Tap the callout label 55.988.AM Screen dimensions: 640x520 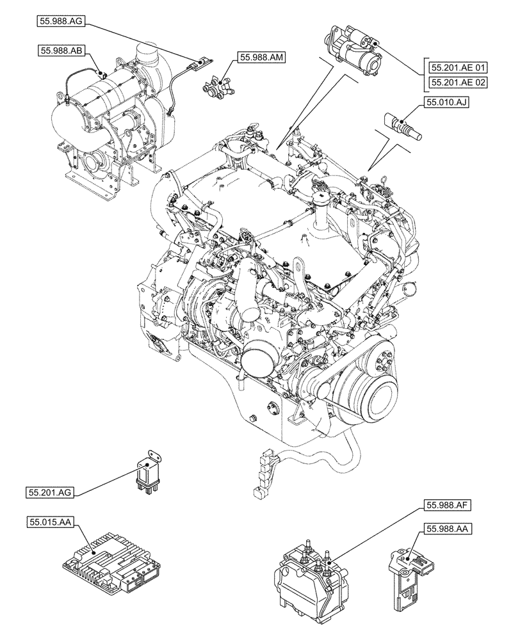pyautogui.click(x=262, y=58)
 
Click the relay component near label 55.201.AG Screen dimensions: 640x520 pyautogui.click(x=147, y=469)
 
